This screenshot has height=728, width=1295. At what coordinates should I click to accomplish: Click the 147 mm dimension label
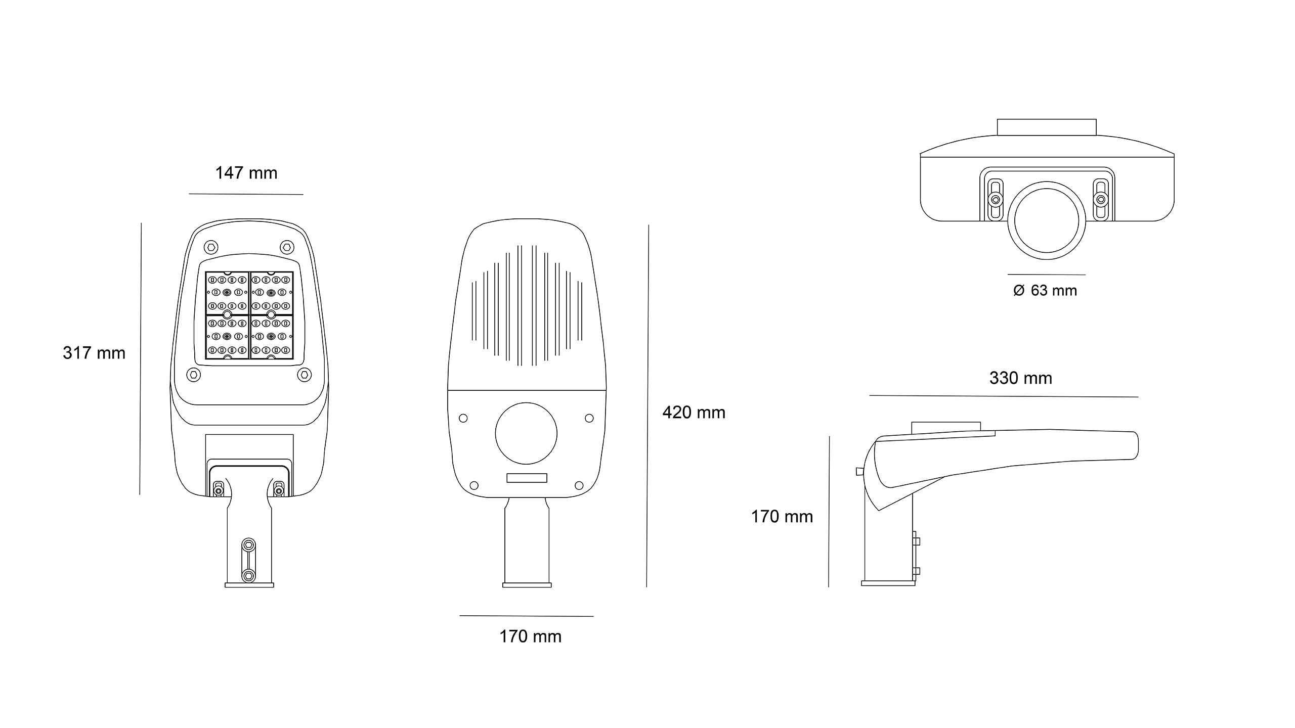246,173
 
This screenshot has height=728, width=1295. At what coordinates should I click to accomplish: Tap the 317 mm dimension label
94,353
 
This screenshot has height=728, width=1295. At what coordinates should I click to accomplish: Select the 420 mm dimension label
694,413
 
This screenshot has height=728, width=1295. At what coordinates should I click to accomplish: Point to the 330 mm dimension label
1021,378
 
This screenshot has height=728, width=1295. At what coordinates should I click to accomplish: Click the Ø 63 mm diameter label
1045,290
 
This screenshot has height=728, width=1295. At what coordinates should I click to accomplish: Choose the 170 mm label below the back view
531,636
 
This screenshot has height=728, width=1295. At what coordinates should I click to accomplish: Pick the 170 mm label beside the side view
782,517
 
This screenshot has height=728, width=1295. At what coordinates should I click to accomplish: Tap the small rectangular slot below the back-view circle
527,478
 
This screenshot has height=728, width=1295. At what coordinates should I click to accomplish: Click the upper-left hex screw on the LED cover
211,247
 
